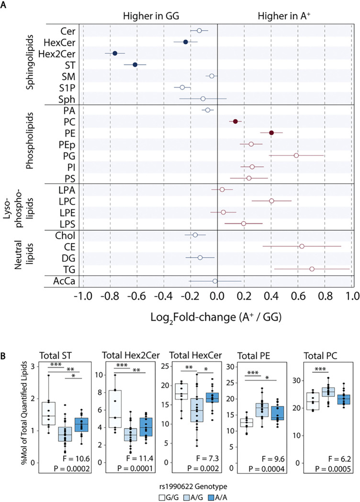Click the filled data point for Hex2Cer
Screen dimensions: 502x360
click(115, 53)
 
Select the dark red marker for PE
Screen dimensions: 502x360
click(271, 133)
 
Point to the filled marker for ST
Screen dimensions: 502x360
click(135, 65)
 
